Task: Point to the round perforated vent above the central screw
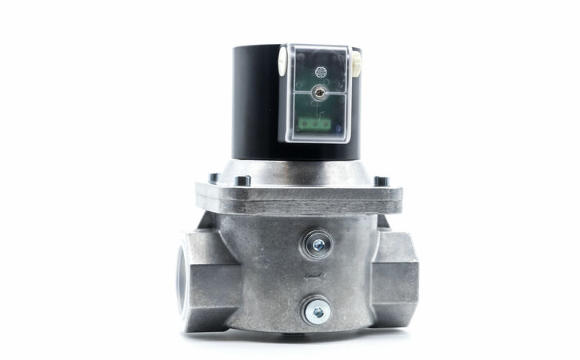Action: click(322, 70)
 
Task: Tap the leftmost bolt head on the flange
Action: click(211, 178)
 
